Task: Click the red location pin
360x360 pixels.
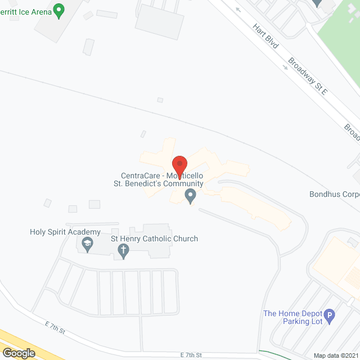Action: point(179,165)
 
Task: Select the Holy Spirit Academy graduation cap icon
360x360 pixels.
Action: point(87,244)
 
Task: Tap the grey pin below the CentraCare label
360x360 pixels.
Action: point(190,196)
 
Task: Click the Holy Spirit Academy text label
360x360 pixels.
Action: point(65,232)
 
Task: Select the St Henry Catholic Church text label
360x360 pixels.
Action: point(155,239)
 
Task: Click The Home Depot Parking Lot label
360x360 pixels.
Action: point(292,317)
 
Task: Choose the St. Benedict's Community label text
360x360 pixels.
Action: point(159,183)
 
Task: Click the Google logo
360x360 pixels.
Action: point(18,353)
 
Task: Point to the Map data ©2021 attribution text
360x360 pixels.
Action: point(335,355)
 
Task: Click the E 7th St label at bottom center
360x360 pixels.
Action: point(191,355)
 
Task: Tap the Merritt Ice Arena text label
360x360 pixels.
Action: point(25,11)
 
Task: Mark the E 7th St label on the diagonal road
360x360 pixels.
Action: point(56,327)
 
